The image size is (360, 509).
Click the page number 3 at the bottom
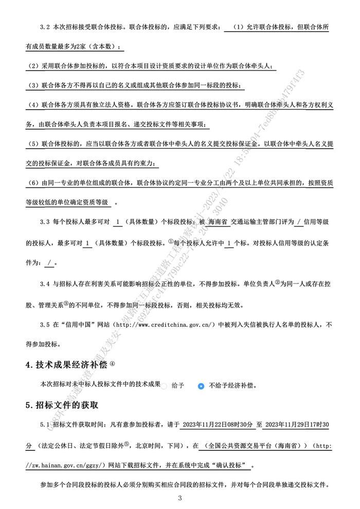[x=180, y=498]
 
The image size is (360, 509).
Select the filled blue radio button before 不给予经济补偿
[x=201, y=385]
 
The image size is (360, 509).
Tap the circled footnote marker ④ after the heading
[x=113, y=363]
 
